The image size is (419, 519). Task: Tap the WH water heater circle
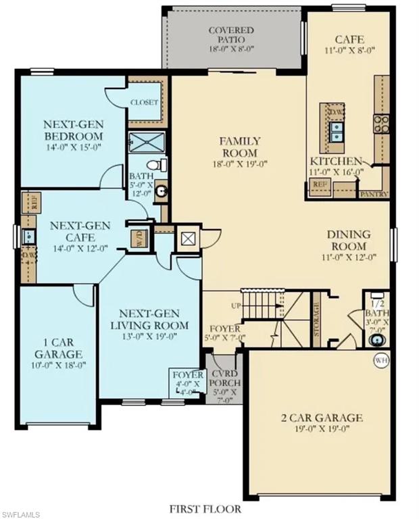(381, 360)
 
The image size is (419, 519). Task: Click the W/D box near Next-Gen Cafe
(139, 238)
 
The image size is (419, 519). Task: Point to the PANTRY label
(374, 194)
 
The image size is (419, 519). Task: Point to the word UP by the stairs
(236, 306)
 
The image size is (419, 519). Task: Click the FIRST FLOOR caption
(205, 508)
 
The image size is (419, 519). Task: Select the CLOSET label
(145, 103)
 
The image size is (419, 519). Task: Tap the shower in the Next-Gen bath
(143, 142)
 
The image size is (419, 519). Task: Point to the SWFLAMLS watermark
(22, 512)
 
